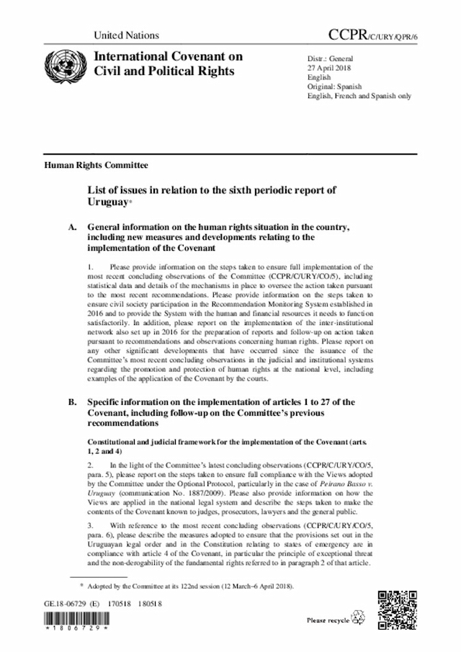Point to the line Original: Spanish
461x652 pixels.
(x=337, y=86)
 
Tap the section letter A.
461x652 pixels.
(x=72, y=228)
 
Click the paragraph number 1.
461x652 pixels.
(x=90, y=267)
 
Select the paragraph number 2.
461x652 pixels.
(x=90, y=467)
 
